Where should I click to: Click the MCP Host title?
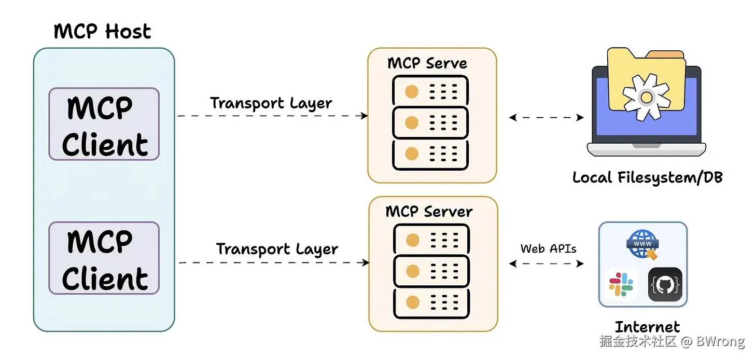click(x=102, y=32)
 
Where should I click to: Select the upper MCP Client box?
click(x=104, y=124)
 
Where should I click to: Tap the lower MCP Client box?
click(x=104, y=258)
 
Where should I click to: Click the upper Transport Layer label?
click(x=271, y=103)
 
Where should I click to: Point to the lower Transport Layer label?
click(x=277, y=250)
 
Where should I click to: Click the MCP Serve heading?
click(x=427, y=63)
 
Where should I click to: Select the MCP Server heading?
click(x=429, y=212)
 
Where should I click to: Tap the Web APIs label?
click(x=548, y=248)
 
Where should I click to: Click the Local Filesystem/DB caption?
click(x=647, y=178)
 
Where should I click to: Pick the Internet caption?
click(x=647, y=327)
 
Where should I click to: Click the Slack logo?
click(x=621, y=285)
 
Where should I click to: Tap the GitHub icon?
click(x=665, y=284)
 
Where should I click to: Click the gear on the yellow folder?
click(x=646, y=97)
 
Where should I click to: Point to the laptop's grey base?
click(x=646, y=150)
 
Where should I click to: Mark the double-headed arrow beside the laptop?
click(x=547, y=118)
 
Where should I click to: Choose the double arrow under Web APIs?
click(x=547, y=264)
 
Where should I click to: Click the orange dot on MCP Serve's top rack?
click(x=411, y=92)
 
